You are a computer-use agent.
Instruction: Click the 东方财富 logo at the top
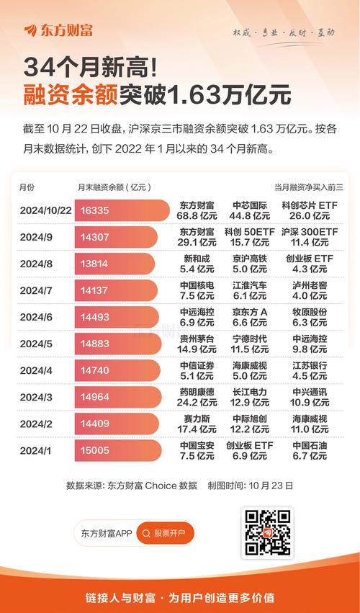pyautogui.click(x=58, y=30)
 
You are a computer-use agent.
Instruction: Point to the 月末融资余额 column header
pyautogui.click(x=113, y=187)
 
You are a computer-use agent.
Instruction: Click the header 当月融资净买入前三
pyautogui.click(x=309, y=187)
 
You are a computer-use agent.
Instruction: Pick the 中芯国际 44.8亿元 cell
pyautogui.click(x=249, y=210)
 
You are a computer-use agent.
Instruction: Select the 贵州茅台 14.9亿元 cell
pyautogui.click(x=197, y=344)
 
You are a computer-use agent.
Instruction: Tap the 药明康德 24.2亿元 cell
pyautogui.click(x=197, y=397)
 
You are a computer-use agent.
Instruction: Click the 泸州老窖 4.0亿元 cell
pyautogui.click(x=310, y=290)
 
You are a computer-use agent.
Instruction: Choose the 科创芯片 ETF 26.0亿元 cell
pyautogui.click(x=310, y=210)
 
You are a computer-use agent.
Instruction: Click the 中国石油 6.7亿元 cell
pyautogui.click(x=310, y=450)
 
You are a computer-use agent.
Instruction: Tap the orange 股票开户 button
pyautogui.click(x=165, y=534)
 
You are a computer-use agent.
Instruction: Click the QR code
pyautogui.click(x=266, y=533)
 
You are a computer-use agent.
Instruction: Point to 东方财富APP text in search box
pyautogui.click(x=107, y=534)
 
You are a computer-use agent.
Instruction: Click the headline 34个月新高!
pyautogui.click(x=90, y=68)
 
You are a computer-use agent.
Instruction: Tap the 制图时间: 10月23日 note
pyautogui.click(x=250, y=486)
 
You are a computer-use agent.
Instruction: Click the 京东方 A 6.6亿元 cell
pyautogui.click(x=249, y=317)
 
